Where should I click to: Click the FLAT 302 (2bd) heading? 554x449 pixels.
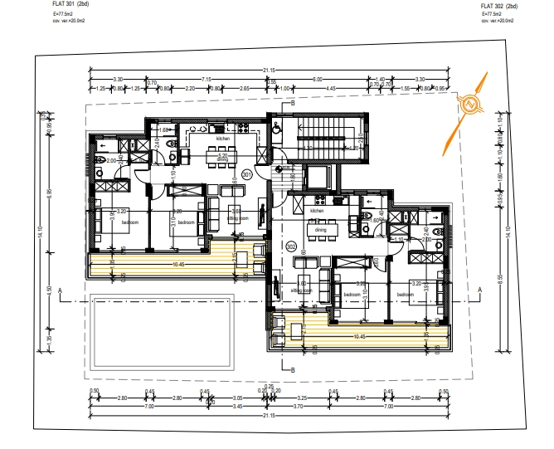tap(499, 6)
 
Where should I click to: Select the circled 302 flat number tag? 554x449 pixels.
tap(290, 246)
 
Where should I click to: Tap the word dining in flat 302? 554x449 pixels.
tap(320, 231)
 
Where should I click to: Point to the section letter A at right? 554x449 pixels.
tap(479, 289)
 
